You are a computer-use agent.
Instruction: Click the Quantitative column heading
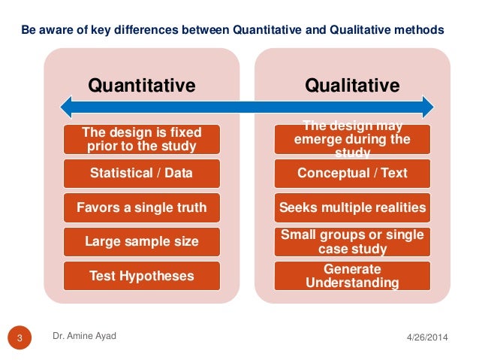(142, 86)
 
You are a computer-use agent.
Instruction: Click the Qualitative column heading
(351, 86)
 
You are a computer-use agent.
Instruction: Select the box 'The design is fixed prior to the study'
(141, 138)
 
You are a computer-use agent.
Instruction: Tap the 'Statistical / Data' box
(141, 174)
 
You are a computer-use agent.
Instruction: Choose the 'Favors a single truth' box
(141, 207)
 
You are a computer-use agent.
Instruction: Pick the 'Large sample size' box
(141, 242)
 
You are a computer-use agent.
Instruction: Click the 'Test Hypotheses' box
(141, 276)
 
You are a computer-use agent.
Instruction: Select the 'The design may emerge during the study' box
(351, 139)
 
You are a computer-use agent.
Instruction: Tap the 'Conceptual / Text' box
(351, 174)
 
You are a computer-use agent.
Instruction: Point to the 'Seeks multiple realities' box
(351, 207)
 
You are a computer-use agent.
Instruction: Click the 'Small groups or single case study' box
(351, 242)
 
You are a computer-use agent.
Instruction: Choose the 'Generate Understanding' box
(351, 276)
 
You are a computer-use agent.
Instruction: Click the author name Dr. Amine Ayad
(84, 336)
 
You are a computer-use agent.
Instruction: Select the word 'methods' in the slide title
(420, 30)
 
